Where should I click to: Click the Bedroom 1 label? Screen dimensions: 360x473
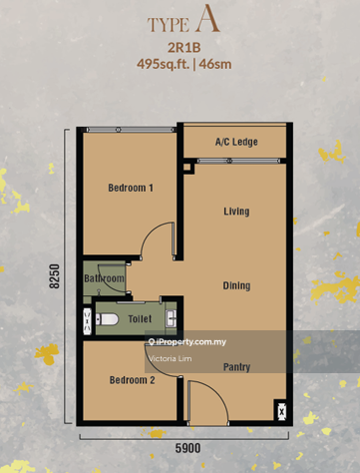point(131,188)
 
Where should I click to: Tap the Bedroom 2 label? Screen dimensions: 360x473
point(133,380)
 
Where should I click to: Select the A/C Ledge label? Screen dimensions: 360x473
point(236,142)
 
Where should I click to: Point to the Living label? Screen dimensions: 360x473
point(236,212)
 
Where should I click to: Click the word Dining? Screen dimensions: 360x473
point(236,285)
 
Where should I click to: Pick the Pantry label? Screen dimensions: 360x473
point(236,367)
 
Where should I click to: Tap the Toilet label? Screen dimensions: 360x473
point(140,319)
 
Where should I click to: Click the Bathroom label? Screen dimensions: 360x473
point(104,278)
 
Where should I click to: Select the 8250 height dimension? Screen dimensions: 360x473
point(54,276)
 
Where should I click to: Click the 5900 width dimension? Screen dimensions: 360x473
point(187,448)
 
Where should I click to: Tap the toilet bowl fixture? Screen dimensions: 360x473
point(107,319)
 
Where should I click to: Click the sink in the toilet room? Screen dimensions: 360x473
point(172,318)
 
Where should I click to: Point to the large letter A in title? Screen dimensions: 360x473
point(207,18)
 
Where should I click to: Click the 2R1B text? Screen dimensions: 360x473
point(184,48)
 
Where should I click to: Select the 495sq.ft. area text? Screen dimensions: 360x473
point(163,64)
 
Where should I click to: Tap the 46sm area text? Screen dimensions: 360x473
point(215,64)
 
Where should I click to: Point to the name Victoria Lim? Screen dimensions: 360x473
point(171,358)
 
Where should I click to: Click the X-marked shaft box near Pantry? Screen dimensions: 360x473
point(281,411)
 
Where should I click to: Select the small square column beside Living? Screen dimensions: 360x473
point(188,166)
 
